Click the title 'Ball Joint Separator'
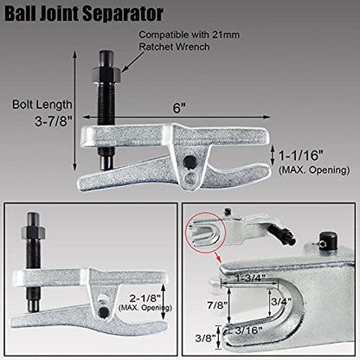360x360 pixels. point(84,14)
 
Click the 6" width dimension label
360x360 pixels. point(179,108)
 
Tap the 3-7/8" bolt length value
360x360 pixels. point(53,121)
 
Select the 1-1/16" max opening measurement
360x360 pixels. point(300,156)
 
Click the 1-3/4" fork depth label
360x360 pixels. point(250,279)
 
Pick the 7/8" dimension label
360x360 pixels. point(217,305)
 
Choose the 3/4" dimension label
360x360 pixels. point(281,301)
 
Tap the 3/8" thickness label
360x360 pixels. point(205,337)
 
